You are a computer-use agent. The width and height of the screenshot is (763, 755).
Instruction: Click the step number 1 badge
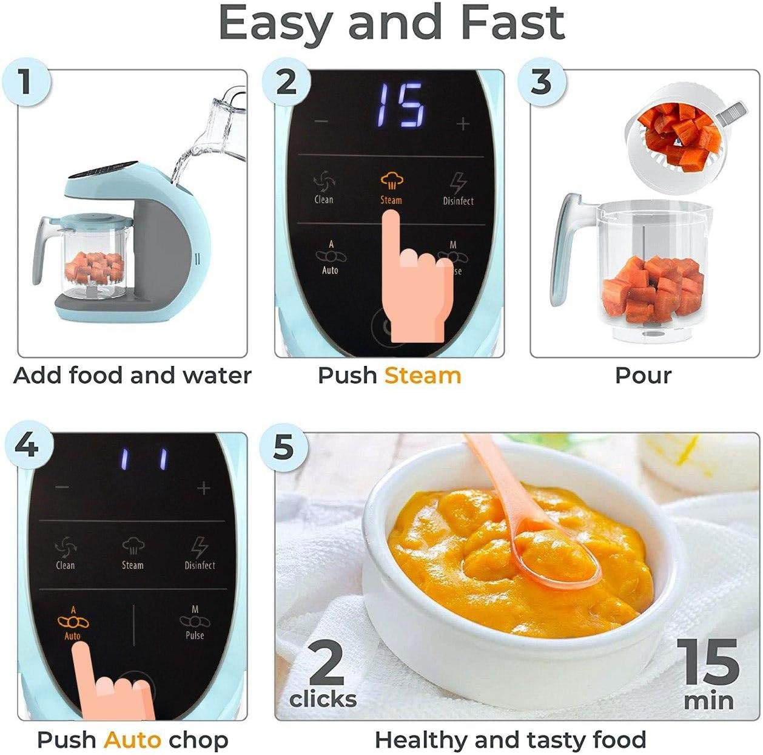pos(24,81)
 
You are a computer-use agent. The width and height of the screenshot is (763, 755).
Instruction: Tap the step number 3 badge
pos(541,81)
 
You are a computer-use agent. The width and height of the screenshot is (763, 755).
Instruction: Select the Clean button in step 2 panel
pos(323,188)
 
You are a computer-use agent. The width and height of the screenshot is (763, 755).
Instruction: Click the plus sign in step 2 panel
pos(463,124)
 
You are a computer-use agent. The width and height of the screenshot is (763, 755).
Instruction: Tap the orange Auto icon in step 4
pos(73,621)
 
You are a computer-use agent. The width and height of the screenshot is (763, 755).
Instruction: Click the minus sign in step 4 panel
pos(62,487)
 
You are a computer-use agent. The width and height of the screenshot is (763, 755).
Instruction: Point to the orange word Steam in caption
pos(423,376)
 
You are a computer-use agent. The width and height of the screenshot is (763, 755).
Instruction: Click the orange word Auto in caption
pos(132,740)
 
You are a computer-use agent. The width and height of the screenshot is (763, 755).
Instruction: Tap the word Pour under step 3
pos(643,376)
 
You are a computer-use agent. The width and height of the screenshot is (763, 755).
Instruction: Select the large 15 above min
pos(708,663)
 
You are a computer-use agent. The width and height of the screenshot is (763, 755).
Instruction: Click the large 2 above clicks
pos(326,665)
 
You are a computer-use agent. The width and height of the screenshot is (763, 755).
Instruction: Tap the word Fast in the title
pos(513,23)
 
